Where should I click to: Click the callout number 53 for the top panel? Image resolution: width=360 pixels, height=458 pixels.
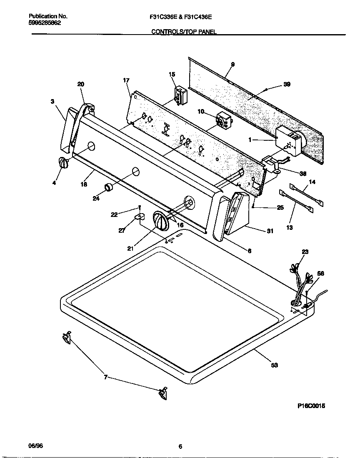click(274, 365)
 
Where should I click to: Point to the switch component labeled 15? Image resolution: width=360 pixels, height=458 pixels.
click(180, 94)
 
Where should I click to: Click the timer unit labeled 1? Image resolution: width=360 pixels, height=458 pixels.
click(288, 141)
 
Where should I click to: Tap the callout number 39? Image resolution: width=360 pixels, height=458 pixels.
click(287, 84)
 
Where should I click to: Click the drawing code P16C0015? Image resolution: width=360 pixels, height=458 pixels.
click(311, 406)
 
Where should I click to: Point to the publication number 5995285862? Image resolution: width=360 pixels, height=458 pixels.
click(45, 23)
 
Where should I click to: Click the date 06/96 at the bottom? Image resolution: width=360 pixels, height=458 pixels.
click(35, 445)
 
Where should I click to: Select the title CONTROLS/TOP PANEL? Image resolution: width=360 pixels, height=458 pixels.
click(184, 32)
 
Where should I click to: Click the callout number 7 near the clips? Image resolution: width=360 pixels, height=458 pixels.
click(106, 377)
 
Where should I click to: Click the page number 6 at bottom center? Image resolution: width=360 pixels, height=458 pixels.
click(180, 447)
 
